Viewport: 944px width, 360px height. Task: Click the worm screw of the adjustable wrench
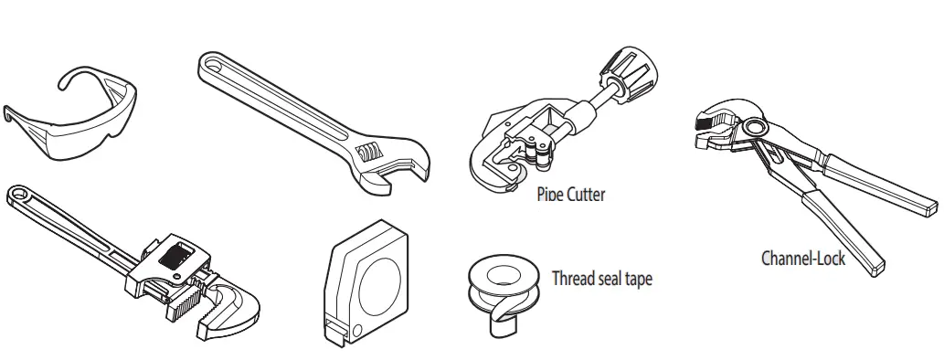click(370, 152)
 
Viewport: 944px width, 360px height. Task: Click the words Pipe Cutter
click(570, 195)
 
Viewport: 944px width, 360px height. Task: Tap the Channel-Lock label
click(803, 258)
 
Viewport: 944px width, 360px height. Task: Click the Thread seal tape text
click(602, 279)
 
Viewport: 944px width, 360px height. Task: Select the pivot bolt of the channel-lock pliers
click(754, 127)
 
